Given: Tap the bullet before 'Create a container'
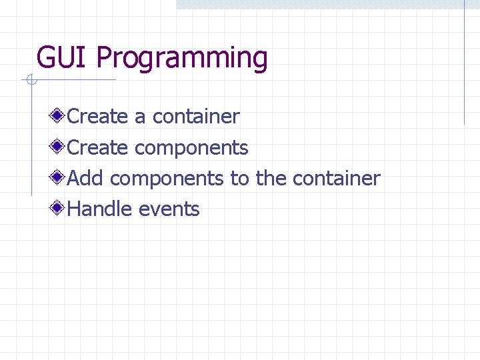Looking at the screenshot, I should [x=59, y=116].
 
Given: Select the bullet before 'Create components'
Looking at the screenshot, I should [x=59, y=147].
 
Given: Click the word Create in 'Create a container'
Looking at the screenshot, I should [x=98, y=117].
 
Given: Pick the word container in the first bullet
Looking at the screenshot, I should [x=196, y=117].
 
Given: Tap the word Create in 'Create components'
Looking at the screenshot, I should [x=98, y=147].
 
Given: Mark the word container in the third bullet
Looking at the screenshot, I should [x=336, y=179].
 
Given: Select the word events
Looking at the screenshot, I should [x=169, y=209].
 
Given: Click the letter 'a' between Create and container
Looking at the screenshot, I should [x=140, y=117].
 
